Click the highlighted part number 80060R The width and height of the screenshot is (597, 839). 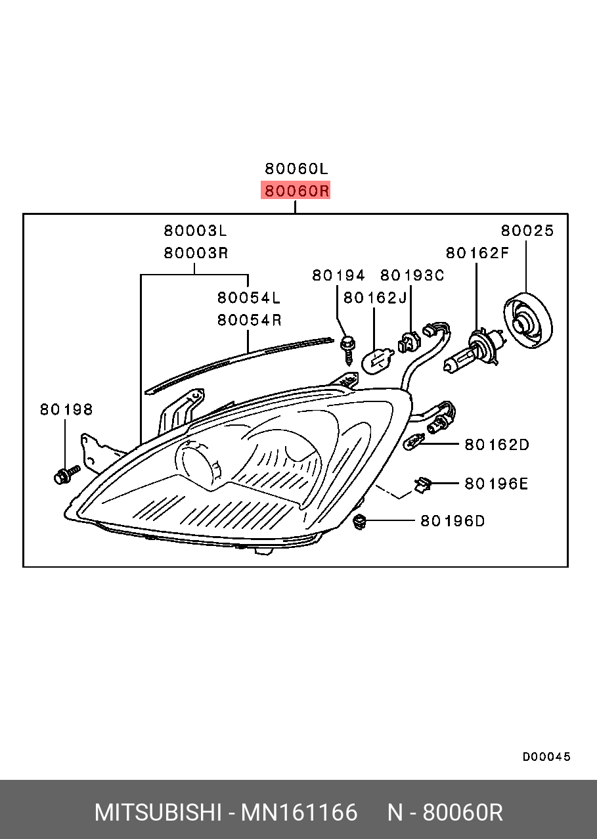click(x=296, y=191)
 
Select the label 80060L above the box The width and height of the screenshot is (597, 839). click(x=296, y=168)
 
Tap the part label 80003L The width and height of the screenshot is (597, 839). click(x=195, y=231)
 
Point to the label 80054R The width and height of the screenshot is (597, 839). click(x=249, y=320)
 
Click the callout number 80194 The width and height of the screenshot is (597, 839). click(x=338, y=275)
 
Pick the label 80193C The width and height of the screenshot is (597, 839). click(x=412, y=275)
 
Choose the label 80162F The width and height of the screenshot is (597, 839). click(x=477, y=253)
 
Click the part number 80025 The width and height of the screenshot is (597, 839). click(x=527, y=231)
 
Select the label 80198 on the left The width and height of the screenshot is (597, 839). click(x=66, y=409)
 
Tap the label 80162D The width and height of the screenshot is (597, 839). click(x=496, y=445)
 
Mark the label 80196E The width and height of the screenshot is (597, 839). click(x=496, y=484)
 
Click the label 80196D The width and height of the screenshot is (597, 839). click(x=452, y=521)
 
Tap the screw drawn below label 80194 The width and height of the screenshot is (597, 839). click(x=348, y=348)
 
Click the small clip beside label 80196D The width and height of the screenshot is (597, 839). click(x=359, y=522)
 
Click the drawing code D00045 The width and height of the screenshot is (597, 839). click(x=546, y=757)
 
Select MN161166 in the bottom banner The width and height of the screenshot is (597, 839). click(x=299, y=813)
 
